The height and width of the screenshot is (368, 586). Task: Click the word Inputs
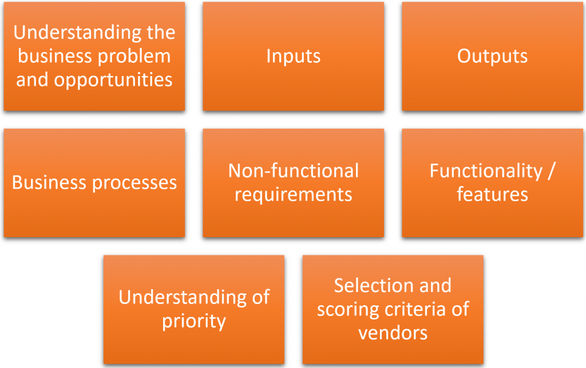[293, 57]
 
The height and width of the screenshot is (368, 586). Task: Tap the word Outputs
[492, 57]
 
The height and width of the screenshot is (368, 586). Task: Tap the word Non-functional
[293, 171]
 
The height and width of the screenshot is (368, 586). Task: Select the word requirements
[293, 195]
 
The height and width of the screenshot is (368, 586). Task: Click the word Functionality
[485, 171]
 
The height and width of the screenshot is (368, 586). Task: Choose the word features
[492, 195]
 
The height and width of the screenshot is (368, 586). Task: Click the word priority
[194, 321]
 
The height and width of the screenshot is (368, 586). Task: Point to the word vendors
[393, 333]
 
